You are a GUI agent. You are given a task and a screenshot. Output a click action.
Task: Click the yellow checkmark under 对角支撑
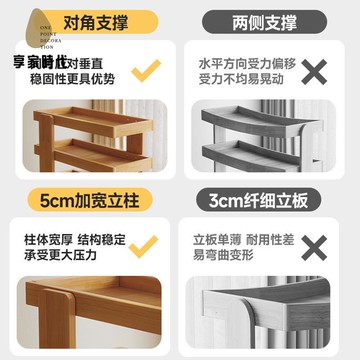tap(148, 68)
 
